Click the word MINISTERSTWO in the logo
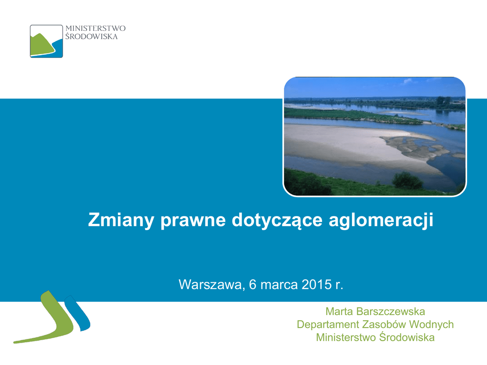pyautogui.click(x=95, y=28)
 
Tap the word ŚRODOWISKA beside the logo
pyautogui.click(x=91, y=36)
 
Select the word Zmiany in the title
pyautogui.click(x=121, y=220)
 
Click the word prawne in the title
pyautogui.click(x=193, y=221)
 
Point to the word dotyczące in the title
pyautogui.click(x=277, y=221)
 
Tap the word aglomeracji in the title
pyautogui.click(x=381, y=221)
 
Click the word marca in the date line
pyautogui.click(x=279, y=285)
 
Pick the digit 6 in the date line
pyautogui.click(x=253, y=284)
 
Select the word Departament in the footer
pyautogui.click(x=328, y=325)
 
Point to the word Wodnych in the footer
pyautogui.click(x=431, y=325)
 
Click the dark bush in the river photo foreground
pyautogui.click(x=408, y=180)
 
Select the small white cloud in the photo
pyautogui.click(x=408, y=81)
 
